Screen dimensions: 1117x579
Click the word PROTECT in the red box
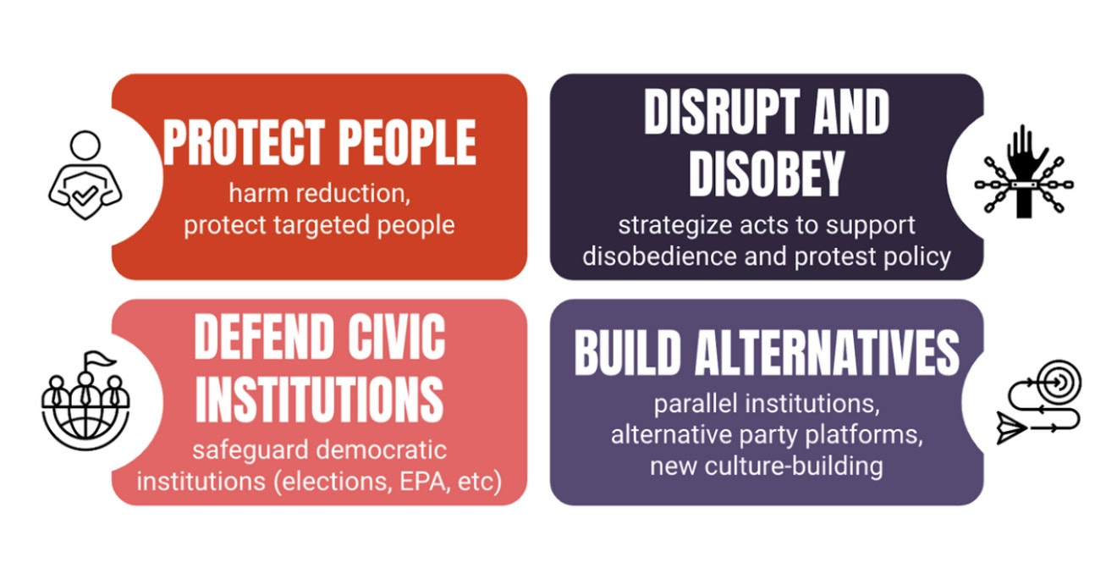pyautogui.click(x=245, y=142)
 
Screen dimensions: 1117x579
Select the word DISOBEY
pyautogui.click(x=766, y=174)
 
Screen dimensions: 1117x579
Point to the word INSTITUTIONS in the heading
pyautogui.click(x=319, y=399)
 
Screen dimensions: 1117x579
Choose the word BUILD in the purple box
pyautogui.click(x=627, y=353)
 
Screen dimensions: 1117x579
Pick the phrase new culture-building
pyautogui.click(x=767, y=466)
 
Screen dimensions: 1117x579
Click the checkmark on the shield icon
pyautogui.click(x=85, y=195)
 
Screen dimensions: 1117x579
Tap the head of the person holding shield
pyautogui.click(x=85, y=145)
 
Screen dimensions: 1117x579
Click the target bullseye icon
pyautogui.click(x=1060, y=382)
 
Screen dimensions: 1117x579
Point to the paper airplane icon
pyautogui.click(x=1011, y=427)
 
